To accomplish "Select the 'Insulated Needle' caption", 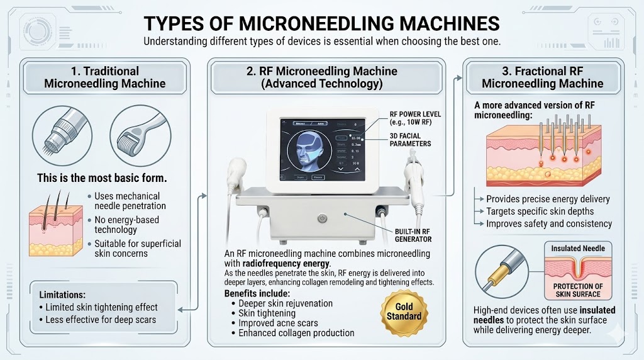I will click(x=578, y=249).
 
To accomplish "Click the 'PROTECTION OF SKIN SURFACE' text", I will click(x=578, y=291).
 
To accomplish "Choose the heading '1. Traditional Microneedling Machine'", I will click(x=105, y=77).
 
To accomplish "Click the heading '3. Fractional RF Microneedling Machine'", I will click(x=542, y=77).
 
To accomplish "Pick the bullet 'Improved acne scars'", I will click(x=279, y=323).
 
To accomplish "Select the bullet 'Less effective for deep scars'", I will click(x=101, y=319).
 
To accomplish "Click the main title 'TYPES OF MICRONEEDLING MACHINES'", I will click(x=321, y=23).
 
